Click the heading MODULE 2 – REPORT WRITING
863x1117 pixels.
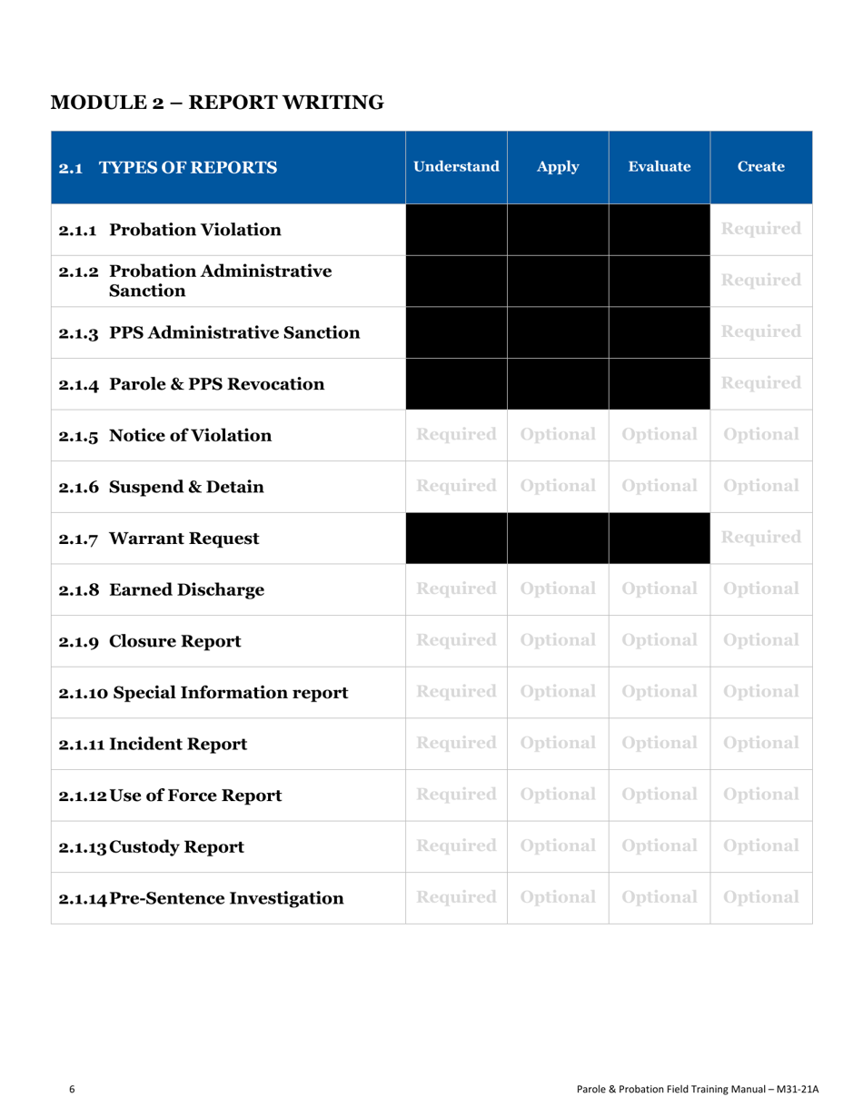pyautogui.click(x=219, y=102)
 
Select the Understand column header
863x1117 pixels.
pyautogui.click(x=456, y=167)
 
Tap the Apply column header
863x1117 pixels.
pyautogui.click(x=558, y=167)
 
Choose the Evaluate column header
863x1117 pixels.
pyautogui.click(x=659, y=167)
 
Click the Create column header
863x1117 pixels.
pyautogui.click(x=761, y=167)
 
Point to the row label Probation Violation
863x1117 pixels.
pyautogui.click(x=170, y=228)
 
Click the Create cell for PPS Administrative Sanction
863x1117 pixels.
pyautogui.click(x=761, y=331)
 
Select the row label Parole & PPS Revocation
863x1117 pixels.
pyautogui.click(x=192, y=383)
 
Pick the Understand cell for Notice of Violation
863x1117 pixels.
pyautogui.click(x=456, y=434)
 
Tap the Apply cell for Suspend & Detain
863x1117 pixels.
pyautogui.click(x=558, y=486)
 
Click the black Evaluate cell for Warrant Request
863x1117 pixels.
pyautogui.click(x=659, y=538)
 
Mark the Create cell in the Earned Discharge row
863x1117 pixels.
pyautogui.click(x=761, y=589)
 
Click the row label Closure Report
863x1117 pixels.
pyautogui.click(x=150, y=641)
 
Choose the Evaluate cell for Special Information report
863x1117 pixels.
pyautogui.click(x=659, y=693)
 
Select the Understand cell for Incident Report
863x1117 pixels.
pyautogui.click(x=456, y=744)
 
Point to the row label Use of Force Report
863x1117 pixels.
pyautogui.click(x=170, y=796)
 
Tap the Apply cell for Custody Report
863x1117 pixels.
pyautogui.click(x=558, y=847)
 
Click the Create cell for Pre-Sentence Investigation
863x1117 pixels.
pyautogui.click(x=761, y=899)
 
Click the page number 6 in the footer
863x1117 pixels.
pyautogui.click(x=73, y=1089)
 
